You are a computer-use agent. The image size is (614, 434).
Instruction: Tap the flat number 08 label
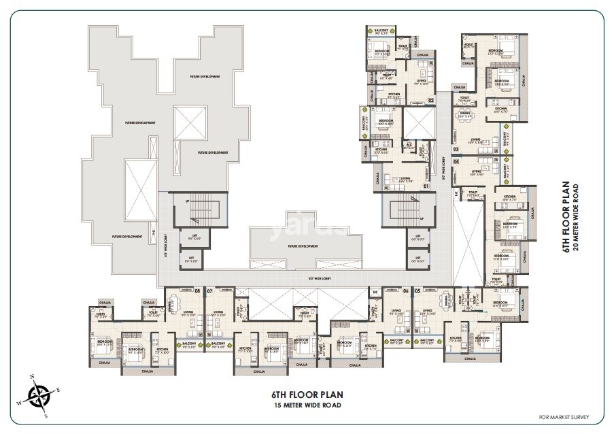[197, 290]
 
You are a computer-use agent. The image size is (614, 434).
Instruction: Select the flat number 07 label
[210, 290]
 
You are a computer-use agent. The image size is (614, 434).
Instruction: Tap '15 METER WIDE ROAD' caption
[306, 406]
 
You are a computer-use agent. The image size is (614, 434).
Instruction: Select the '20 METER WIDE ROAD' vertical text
[575, 217]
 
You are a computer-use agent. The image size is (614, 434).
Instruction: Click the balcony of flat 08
[190, 344]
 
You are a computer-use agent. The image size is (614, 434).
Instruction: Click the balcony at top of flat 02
[377, 31]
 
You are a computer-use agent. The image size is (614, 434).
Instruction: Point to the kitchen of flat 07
[245, 349]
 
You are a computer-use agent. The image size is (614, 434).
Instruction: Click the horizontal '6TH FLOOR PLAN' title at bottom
[307, 394]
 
